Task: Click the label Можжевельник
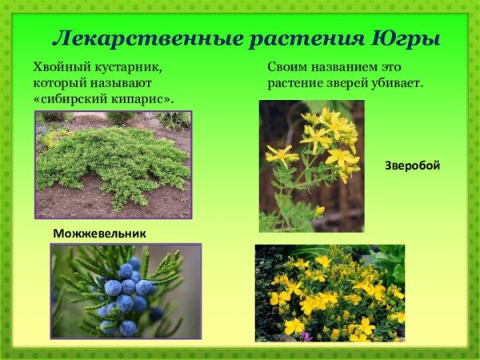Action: [100, 233]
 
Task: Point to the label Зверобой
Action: [413, 166]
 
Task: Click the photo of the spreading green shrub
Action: [113, 164]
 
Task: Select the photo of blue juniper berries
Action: [126, 290]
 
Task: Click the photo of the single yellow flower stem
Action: [311, 166]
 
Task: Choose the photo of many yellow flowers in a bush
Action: [330, 293]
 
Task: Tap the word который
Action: [61, 82]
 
